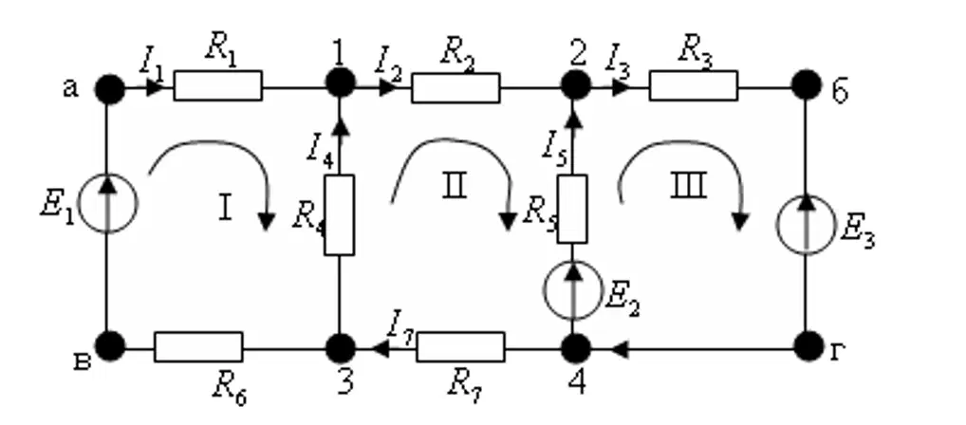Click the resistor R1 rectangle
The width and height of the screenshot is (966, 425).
pyautogui.click(x=217, y=85)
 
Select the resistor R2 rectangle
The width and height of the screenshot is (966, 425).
pyautogui.click(x=455, y=87)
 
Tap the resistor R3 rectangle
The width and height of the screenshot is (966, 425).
pyautogui.click(x=693, y=85)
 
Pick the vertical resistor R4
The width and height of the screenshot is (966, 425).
pyautogui.click(x=340, y=214)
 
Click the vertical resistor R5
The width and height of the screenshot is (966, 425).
pyautogui.click(x=572, y=209)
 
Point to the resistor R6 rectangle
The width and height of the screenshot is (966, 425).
pyautogui.click(x=198, y=347)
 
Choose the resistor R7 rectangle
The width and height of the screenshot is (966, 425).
pyautogui.click(x=460, y=347)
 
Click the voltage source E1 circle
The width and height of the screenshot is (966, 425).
pyautogui.click(x=108, y=203)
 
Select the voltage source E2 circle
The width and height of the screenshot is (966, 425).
pyautogui.click(x=573, y=290)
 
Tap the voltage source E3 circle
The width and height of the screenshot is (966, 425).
pyautogui.click(x=806, y=225)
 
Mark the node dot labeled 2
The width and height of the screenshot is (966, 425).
pyautogui.click(x=576, y=85)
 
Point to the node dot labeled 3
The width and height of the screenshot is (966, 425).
pyautogui.click(x=340, y=348)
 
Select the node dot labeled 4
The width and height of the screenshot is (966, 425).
pyautogui.click(x=576, y=348)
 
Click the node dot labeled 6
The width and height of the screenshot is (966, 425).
pyautogui.click(x=807, y=84)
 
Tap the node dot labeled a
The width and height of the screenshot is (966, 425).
pyautogui.click(x=110, y=89)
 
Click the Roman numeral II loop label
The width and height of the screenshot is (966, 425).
pyautogui.click(x=455, y=185)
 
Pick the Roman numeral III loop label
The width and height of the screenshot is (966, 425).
pyautogui.click(x=688, y=185)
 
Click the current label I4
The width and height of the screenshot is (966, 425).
pyautogui.click(x=321, y=151)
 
